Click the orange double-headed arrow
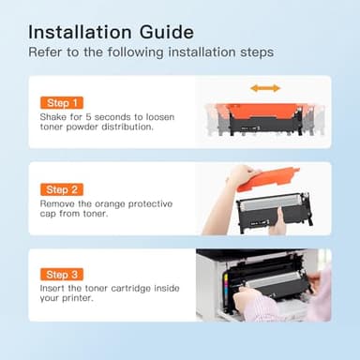(x=265, y=88)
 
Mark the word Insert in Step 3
(x=52, y=289)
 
